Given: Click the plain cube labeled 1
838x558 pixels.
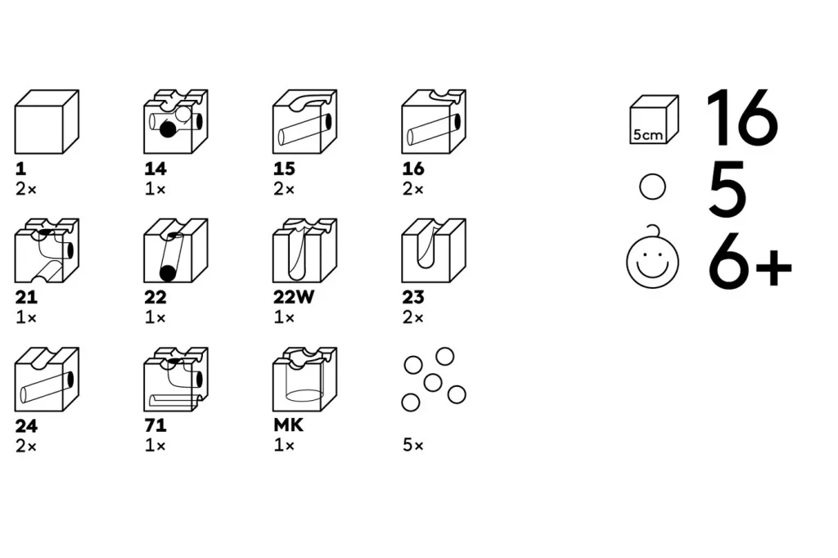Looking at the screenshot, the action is [47, 122].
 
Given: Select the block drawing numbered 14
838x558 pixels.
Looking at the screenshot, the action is [176, 122].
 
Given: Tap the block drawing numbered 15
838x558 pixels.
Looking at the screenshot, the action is [304, 122].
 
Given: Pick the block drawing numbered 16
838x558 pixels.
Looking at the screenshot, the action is [434, 122].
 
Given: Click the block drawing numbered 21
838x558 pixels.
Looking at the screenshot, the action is [47, 250].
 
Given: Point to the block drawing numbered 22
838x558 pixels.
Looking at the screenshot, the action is [176, 250].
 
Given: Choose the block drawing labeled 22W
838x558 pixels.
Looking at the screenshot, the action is [304, 250].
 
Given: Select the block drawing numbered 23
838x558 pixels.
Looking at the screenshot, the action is [434, 250].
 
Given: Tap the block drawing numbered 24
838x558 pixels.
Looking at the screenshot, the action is [47, 380].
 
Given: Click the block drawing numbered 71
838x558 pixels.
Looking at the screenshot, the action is [176, 380].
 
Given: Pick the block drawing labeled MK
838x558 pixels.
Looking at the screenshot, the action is [304, 380].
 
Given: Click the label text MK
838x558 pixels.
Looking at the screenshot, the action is [289, 425].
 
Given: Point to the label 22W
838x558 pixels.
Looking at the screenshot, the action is [294, 297].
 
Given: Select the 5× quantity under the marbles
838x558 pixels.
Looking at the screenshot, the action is [413, 445].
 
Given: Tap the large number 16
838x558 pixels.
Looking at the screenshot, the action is [741, 118].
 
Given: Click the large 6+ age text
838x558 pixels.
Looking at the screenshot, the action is [750, 262].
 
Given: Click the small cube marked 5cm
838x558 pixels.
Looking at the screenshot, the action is [654, 119].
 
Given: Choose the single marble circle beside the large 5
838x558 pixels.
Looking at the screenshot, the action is [652, 187].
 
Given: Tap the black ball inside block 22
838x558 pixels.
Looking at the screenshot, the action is [168, 273].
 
